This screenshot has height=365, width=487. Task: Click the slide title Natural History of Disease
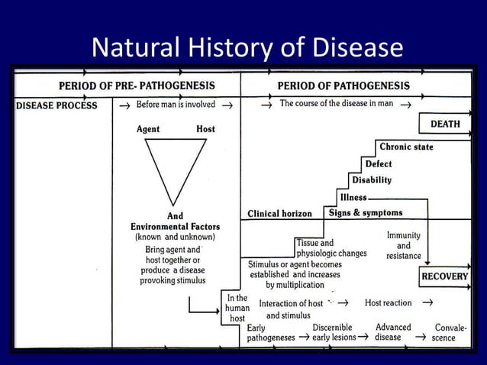pos(246,48)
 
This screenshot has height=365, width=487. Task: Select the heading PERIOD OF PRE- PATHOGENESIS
pos(126,85)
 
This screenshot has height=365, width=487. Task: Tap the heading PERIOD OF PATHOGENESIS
pos(343,85)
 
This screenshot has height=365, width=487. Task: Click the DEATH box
pos(444,123)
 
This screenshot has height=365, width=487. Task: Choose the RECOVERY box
pos(444,276)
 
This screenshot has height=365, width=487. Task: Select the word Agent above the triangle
pos(148,129)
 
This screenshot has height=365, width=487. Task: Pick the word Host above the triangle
pos(205,129)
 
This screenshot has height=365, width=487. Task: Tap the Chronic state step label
pos(406,147)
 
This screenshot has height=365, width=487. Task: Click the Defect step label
pos(379,163)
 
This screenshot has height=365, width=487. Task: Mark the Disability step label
pos(372,180)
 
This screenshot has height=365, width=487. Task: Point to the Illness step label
pos(353,197)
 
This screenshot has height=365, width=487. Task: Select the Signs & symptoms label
pos(366,212)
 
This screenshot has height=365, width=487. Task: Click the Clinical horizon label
pos(280,214)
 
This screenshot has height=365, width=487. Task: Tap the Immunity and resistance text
pos(404,246)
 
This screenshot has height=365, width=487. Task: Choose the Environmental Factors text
pos(175,226)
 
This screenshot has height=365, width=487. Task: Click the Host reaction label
pos(388,303)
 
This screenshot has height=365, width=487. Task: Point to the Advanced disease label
pos(393,332)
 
